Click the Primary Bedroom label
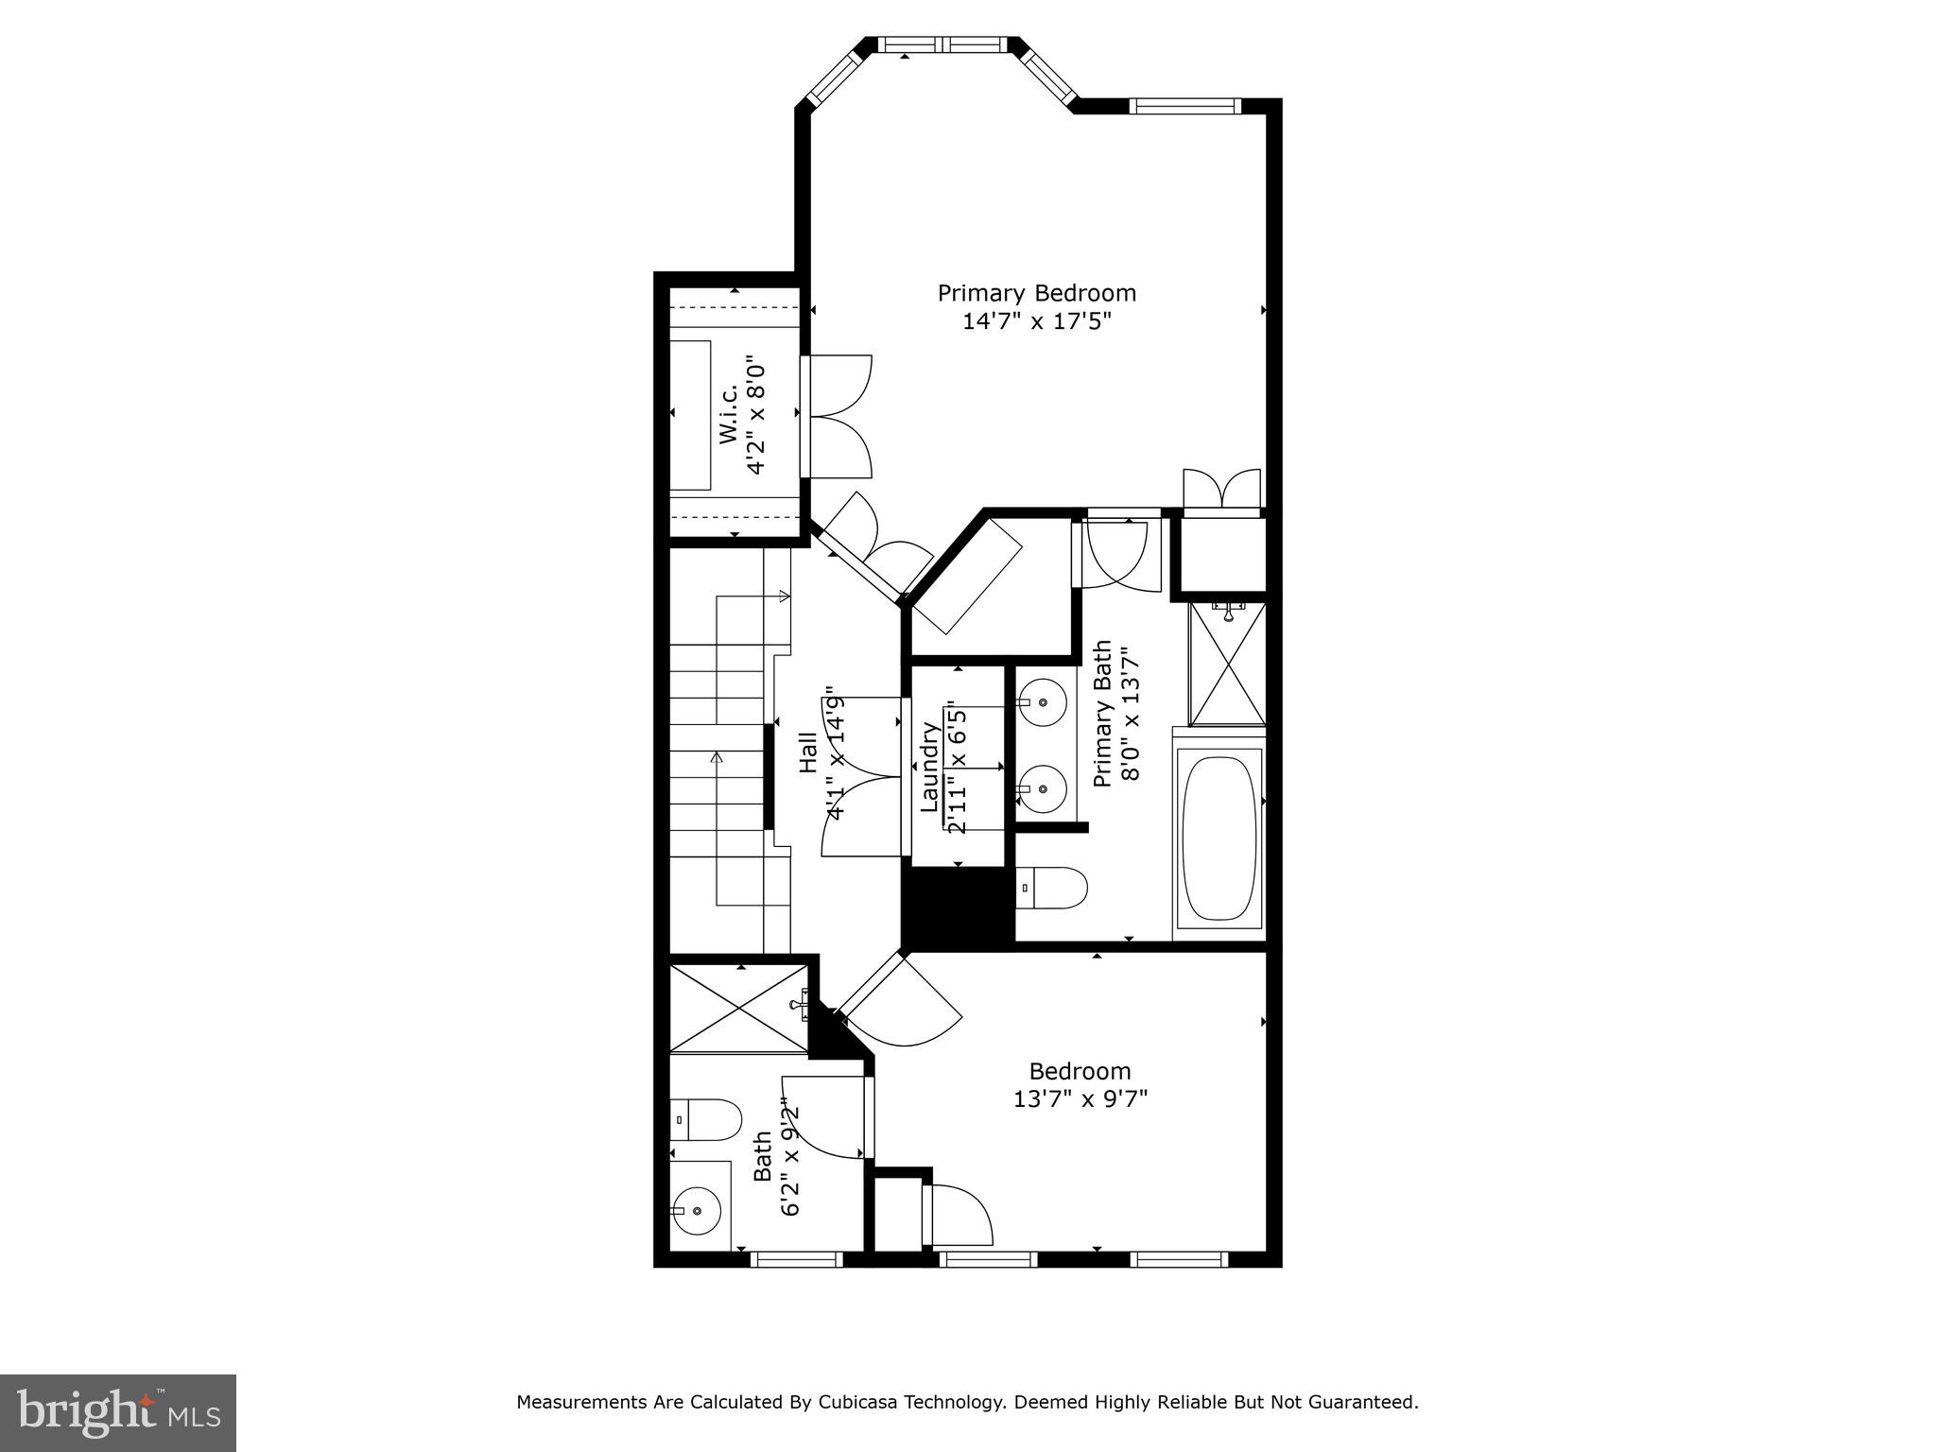[x=1036, y=293]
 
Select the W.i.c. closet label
[x=728, y=416]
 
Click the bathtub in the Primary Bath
[x=1219, y=838]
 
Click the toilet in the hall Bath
[x=705, y=1119]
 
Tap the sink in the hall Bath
[x=697, y=1210]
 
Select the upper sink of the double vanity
[x=1042, y=703]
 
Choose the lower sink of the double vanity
[x=1042, y=788]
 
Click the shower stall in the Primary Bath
[x=1226, y=664]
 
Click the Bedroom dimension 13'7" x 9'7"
[x=1080, y=1099]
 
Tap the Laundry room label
[x=929, y=767]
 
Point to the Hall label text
[x=808, y=753]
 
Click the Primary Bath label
[x=1102, y=714]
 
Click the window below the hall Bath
[x=796, y=1258]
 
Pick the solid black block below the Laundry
[x=955, y=907]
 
